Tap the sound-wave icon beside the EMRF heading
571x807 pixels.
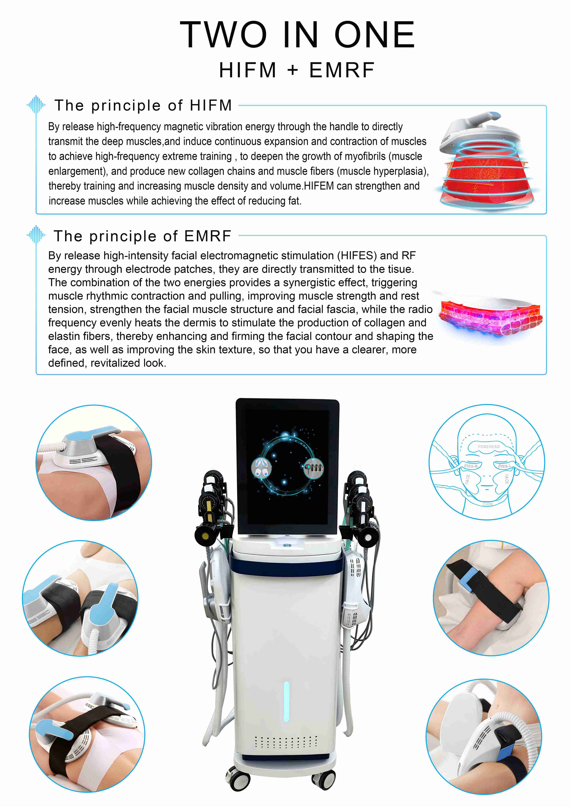(36, 235)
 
